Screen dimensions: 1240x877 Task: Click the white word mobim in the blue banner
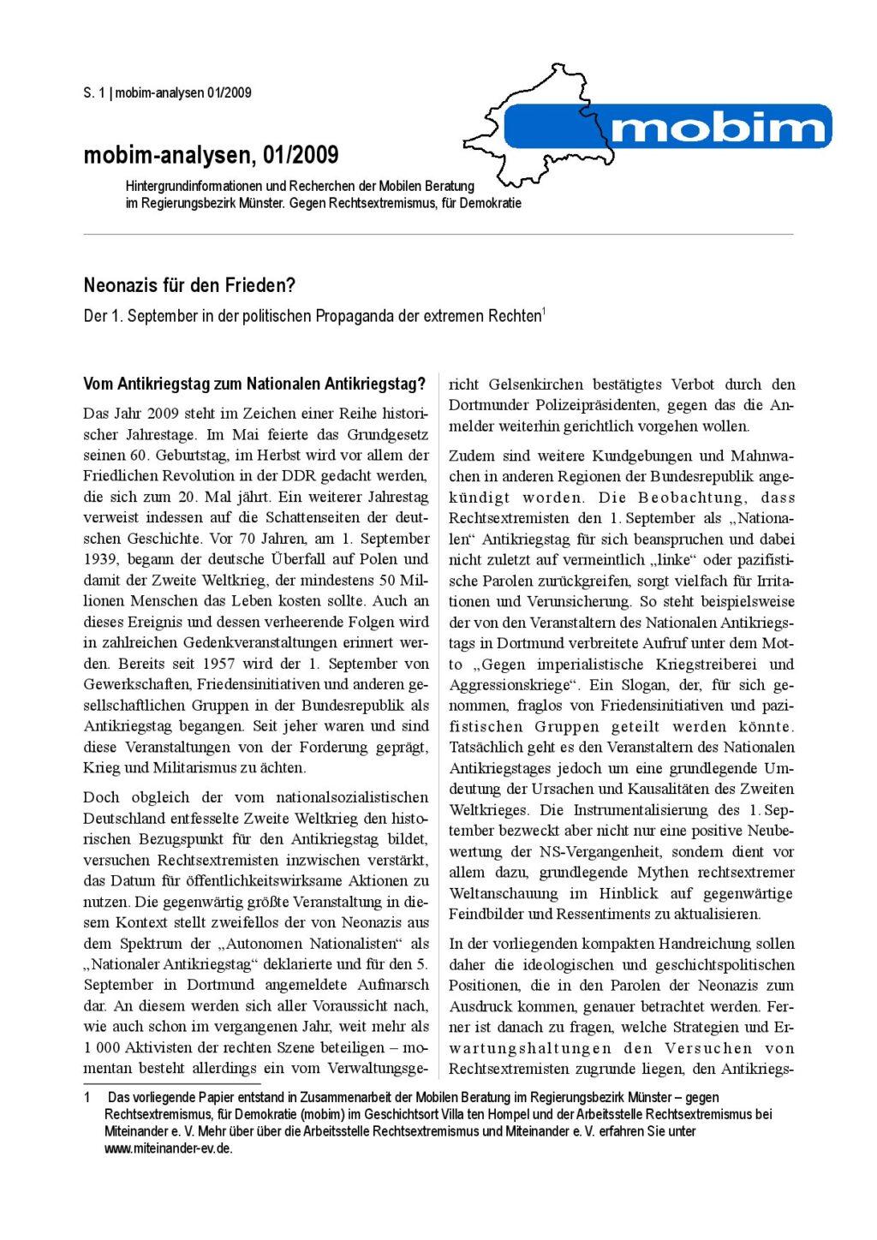[x=718, y=128]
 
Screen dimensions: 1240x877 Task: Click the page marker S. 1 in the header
[x=93, y=93]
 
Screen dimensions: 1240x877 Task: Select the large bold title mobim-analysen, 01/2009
[x=211, y=155]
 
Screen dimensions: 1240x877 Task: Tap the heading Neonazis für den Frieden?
[x=189, y=285]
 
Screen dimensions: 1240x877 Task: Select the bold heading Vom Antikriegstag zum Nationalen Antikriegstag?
[x=254, y=384]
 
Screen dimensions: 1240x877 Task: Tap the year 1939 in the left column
[x=100, y=559]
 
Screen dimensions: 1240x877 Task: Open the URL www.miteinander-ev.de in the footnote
[x=168, y=1149]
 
